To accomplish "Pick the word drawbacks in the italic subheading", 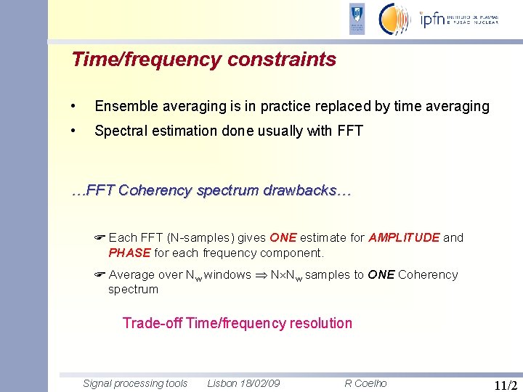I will click(x=307, y=191).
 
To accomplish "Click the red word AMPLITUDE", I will click(x=404, y=238).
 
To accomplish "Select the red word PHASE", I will click(x=129, y=253).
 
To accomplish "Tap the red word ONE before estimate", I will click(x=283, y=238).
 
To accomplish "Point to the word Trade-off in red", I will click(x=153, y=324).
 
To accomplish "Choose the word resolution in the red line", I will click(x=320, y=324).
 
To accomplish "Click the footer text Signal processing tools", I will click(x=135, y=383).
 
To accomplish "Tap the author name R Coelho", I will click(x=365, y=383).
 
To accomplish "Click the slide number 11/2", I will click(x=505, y=385).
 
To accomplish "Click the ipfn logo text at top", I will click(x=434, y=20).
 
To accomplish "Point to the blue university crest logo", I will click(x=357, y=20).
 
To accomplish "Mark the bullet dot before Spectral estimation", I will click(x=73, y=131).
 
